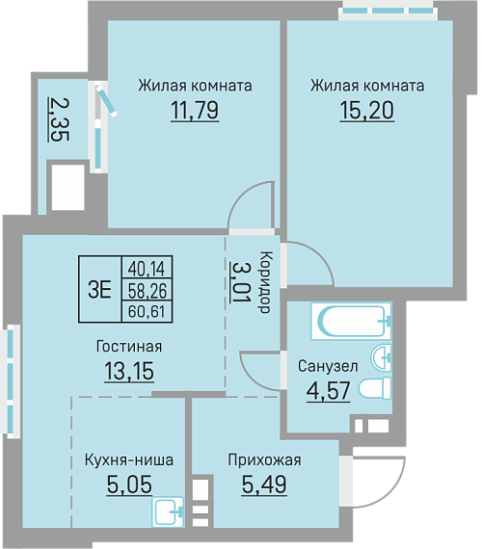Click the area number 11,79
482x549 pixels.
195,110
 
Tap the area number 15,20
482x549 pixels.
366,110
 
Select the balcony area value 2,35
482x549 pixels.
59,119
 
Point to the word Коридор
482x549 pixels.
265,282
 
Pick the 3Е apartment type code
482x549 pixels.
100,289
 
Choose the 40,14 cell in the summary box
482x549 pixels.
147,269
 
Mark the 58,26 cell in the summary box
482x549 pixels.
147,290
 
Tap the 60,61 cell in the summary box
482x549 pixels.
147,311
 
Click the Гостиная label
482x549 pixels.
129,347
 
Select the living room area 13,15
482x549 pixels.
129,371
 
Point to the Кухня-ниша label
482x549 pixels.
128,459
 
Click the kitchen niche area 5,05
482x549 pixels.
129,484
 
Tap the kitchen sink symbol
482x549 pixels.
168,511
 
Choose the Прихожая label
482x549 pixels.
264,459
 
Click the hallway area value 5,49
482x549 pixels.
264,484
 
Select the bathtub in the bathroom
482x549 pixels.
351,321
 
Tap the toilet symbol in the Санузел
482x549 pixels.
375,388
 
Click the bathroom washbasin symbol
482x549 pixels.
381,357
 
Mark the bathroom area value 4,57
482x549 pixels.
329,391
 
